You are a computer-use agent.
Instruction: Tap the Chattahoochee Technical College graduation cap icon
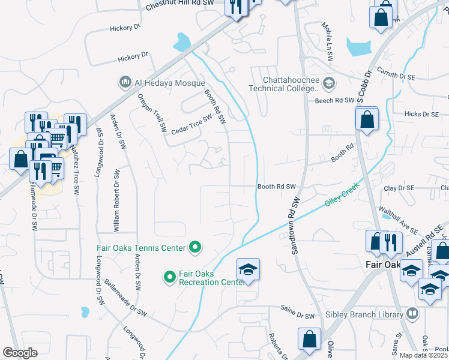(x=328, y=82)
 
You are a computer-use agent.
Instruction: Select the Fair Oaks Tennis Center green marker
(x=194, y=247)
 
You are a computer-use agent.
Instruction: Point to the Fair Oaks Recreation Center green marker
(x=169, y=277)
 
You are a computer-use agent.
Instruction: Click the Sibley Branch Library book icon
(x=412, y=313)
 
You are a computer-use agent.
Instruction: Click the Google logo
(x=20, y=353)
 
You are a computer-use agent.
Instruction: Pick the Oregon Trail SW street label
(x=151, y=112)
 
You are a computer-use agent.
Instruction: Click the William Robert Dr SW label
(x=116, y=200)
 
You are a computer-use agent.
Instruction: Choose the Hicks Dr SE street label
(x=422, y=113)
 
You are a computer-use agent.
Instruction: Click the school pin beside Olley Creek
(x=248, y=271)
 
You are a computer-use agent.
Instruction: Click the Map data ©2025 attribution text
(x=424, y=355)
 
